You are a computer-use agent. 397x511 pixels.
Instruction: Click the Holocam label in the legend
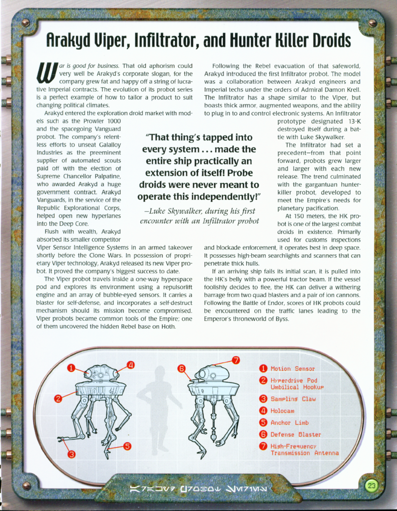coord(282,410)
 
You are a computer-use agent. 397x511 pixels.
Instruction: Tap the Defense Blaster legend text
coord(295,434)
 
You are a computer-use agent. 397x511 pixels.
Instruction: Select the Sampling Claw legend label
coord(293,399)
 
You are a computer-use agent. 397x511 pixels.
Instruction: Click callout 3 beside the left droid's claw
coord(71,454)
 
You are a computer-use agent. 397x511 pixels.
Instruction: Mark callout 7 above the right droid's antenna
coord(236,360)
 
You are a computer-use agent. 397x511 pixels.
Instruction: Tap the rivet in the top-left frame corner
coord(25,23)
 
